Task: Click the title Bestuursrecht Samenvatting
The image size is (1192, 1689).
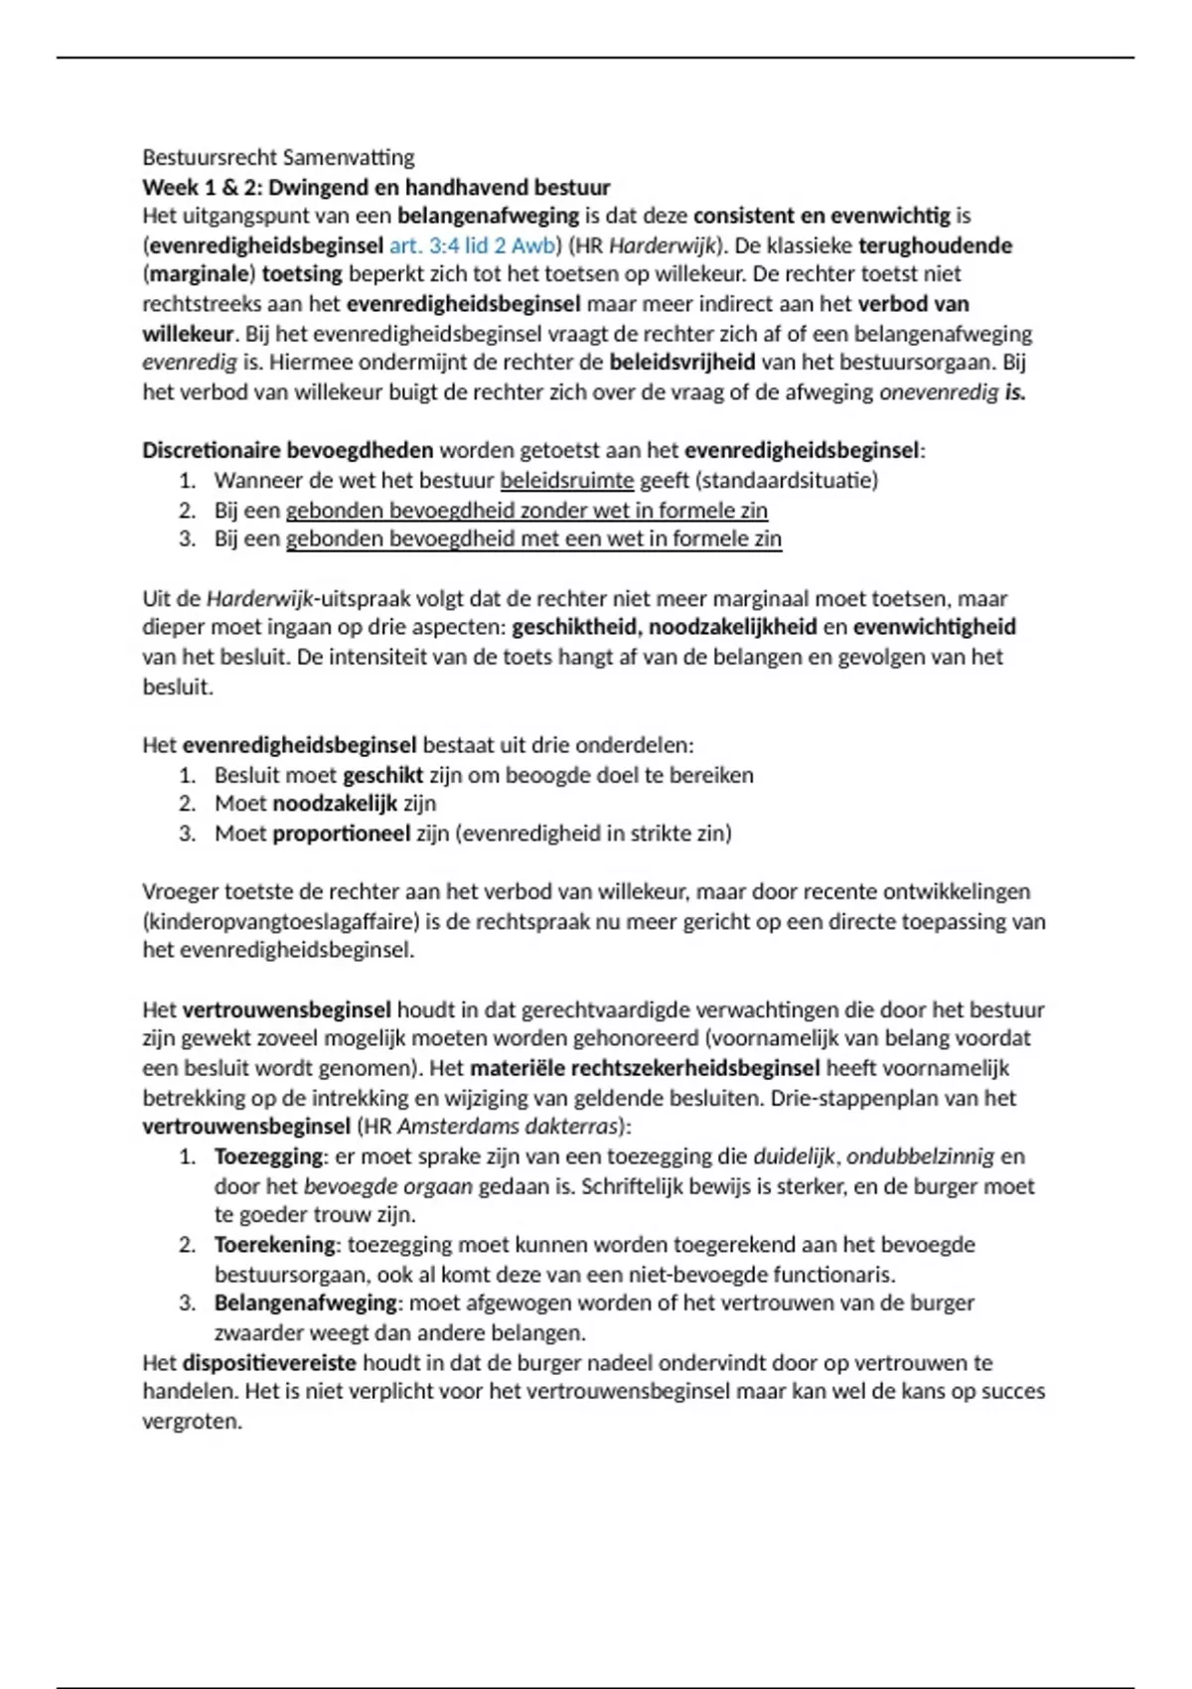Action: click(278, 157)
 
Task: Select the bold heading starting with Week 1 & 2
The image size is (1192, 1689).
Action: click(375, 187)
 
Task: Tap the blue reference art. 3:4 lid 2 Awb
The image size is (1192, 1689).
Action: click(475, 245)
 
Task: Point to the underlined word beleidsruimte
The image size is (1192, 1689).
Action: click(566, 481)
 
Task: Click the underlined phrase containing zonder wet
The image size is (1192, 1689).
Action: click(526, 511)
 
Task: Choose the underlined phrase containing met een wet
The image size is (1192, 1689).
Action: click(533, 539)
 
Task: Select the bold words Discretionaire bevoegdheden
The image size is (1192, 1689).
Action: click(287, 451)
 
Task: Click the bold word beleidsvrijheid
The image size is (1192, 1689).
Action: click(681, 363)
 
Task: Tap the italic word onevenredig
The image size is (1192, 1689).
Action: click(939, 392)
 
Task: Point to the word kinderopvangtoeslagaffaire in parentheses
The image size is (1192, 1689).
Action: click(281, 922)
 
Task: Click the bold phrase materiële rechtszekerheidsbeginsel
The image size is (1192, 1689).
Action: click(645, 1069)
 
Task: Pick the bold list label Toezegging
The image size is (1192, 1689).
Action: click(268, 1157)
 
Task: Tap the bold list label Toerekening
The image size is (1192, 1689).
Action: click(275, 1245)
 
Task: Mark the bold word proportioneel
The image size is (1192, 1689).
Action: click(341, 834)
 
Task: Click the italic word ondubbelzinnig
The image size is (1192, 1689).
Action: click(920, 1157)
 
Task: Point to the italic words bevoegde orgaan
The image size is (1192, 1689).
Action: click(387, 1187)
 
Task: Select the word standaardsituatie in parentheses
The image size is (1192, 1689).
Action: click(787, 481)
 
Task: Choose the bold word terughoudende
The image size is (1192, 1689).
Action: click(935, 245)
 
